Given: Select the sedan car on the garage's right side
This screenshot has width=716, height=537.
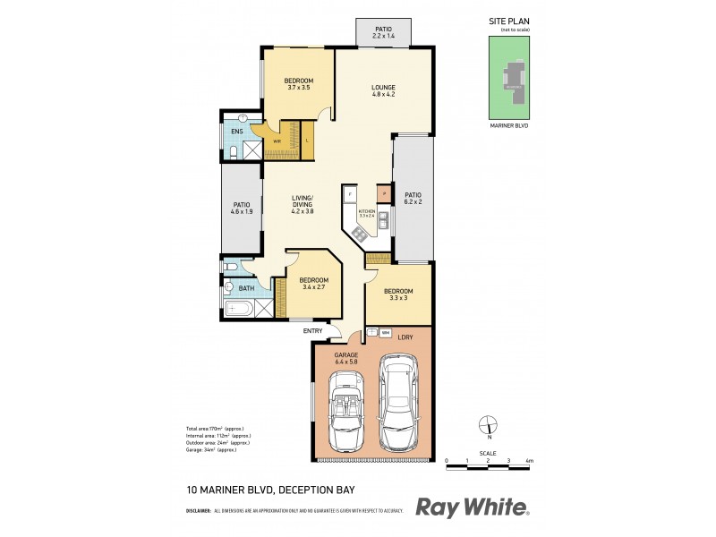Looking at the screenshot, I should coord(396,403).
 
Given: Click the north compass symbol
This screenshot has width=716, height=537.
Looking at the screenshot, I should coord(487,426).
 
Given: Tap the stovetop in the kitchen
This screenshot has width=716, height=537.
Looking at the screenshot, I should coord(358,234).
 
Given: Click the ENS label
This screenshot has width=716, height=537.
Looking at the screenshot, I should coord(237,132).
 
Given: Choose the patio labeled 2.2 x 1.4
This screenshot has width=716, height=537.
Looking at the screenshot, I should coord(383,33).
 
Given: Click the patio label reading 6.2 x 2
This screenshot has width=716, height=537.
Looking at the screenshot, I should coord(412,199).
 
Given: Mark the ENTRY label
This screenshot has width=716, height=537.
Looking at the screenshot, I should coord(312,331).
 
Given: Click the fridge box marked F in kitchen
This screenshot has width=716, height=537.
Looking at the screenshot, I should coord(350,193).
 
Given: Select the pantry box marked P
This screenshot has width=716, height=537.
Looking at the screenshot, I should coord(382,192).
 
